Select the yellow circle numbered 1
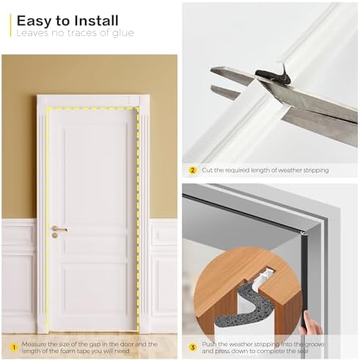coord(13,346)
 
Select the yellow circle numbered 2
coord(193,170)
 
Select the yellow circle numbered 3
coord(193,346)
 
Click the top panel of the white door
coord(92,161)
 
